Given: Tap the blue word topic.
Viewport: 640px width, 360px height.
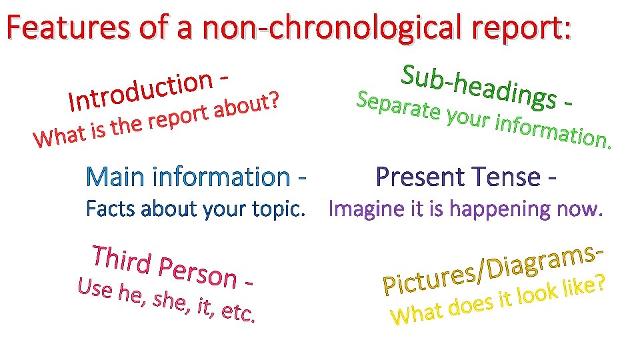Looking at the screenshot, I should click(x=279, y=209).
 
